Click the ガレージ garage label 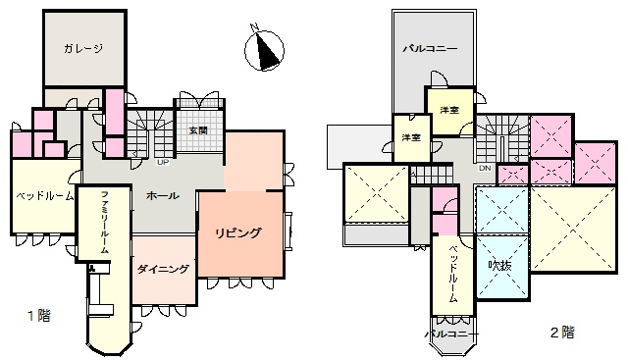(x=83, y=49)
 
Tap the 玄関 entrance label (x=198, y=130)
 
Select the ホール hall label (x=162, y=196)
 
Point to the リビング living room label (x=237, y=233)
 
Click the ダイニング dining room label (x=163, y=269)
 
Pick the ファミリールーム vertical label (x=104, y=223)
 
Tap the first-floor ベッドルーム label (x=45, y=196)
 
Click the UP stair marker (x=163, y=162)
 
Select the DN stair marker (x=485, y=168)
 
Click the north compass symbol (x=264, y=50)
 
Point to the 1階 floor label (x=39, y=316)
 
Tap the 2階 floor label (x=562, y=333)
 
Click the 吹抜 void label (x=499, y=265)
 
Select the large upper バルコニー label (x=430, y=49)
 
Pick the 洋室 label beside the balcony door (x=449, y=110)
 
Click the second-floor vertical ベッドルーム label (x=453, y=274)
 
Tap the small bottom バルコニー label (x=451, y=334)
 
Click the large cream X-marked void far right (x=573, y=229)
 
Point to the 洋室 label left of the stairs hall (x=411, y=137)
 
